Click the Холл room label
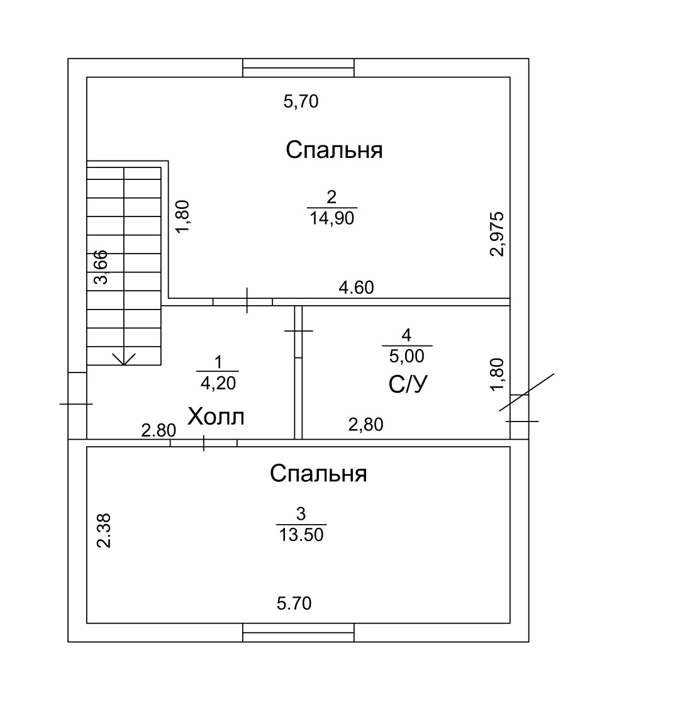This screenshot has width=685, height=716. click(216, 417)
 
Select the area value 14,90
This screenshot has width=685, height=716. click(332, 218)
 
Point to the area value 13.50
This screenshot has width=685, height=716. click(301, 535)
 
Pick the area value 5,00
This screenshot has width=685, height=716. click(407, 356)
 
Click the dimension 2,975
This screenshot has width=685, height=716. click(497, 233)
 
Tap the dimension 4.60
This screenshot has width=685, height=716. click(356, 288)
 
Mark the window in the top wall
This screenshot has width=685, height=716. click(298, 67)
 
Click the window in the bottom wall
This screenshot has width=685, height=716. click(298, 632)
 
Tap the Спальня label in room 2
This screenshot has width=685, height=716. click(334, 150)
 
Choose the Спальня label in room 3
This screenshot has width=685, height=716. click(318, 473)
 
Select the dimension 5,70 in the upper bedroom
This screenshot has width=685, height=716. click(301, 101)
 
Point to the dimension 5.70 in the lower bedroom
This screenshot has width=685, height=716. click(294, 604)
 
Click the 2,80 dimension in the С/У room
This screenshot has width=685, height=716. click(365, 425)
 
